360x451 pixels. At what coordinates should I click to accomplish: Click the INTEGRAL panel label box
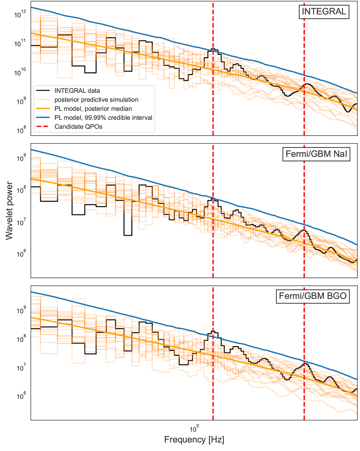tap(324, 12)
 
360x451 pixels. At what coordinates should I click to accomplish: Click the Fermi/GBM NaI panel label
tap(316, 154)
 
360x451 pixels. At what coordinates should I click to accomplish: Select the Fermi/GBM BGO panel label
tap(313, 296)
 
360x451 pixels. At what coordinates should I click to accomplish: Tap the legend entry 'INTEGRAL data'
tap(77, 91)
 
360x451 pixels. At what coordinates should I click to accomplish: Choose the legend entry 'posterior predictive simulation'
tap(96, 100)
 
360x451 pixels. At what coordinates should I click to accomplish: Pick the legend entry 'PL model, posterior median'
tap(93, 109)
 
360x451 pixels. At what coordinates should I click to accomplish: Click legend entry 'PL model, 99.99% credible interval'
tap(103, 118)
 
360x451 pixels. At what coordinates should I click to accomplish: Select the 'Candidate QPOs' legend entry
tap(78, 127)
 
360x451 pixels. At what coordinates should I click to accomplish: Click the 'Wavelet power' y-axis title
tap(9, 210)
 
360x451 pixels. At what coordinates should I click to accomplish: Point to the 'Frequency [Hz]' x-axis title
tap(194, 440)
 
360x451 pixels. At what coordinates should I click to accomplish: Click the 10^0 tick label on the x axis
tap(194, 427)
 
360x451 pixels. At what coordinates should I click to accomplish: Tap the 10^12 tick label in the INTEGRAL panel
tap(20, 14)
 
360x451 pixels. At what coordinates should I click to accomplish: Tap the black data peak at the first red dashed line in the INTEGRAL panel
tap(213, 49)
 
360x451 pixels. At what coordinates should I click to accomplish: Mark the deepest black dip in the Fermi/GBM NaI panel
tap(128, 235)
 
